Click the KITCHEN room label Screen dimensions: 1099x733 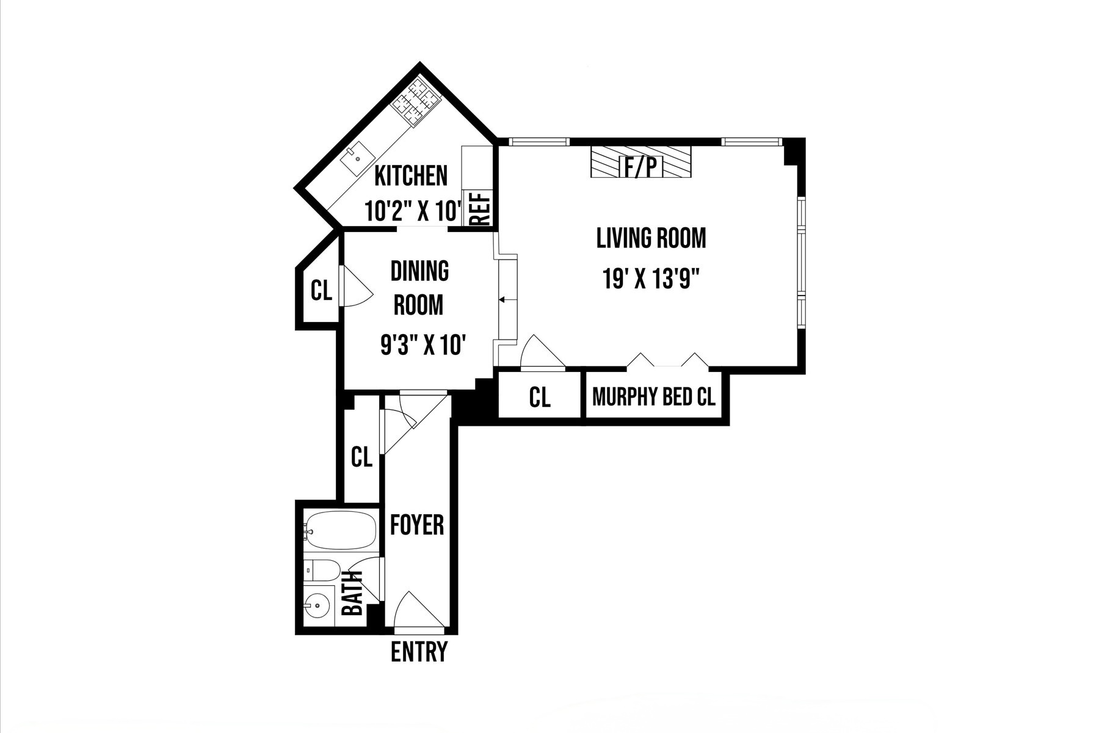pos(410,176)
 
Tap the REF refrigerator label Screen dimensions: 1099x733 pos(481,209)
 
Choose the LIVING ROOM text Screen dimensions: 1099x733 pos(651,238)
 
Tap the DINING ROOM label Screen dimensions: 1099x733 pos(419,288)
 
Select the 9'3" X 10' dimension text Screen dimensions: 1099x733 pos(424,346)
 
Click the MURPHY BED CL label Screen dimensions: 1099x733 pos(653,398)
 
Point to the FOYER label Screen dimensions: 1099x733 pos(417,525)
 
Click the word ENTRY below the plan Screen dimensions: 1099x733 pos(419,652)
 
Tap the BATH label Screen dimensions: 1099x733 pos(353,593)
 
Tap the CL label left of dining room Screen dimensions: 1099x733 pos(321,291)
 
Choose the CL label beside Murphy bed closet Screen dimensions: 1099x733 pos(539,398)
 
